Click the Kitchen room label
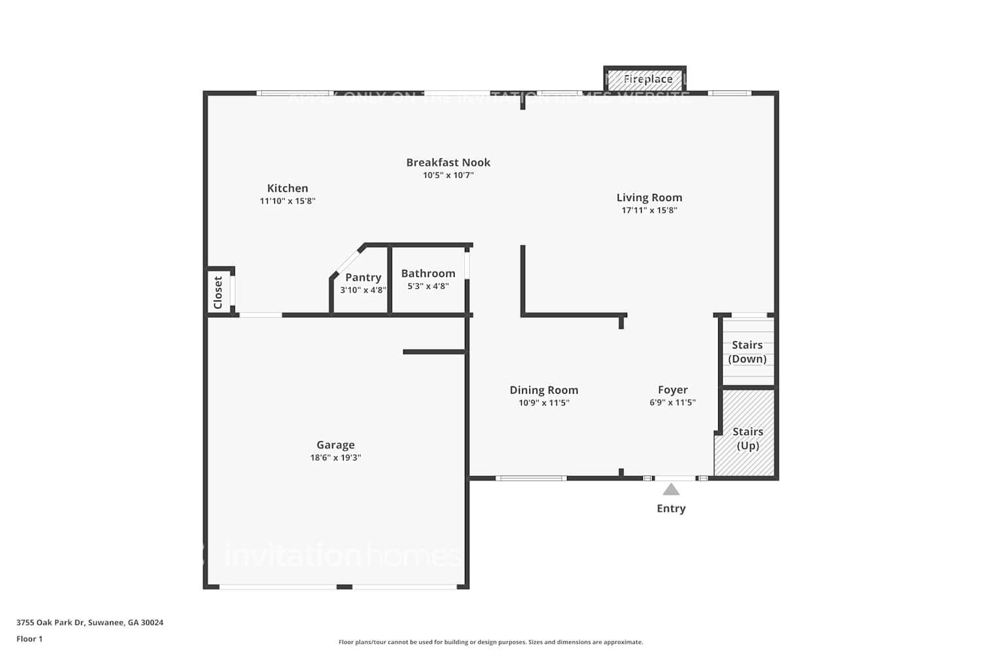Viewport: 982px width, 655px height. (x=287, y=188)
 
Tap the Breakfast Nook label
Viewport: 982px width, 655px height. (x=448, y=162)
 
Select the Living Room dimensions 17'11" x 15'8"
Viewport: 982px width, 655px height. (x=649, y=210)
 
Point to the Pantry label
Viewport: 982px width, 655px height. (x=363, y=277)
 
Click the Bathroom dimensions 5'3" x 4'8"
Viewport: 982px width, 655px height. (x=428, y=286)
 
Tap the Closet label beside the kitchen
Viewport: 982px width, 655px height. (x=218, y=292)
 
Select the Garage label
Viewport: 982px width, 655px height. (x=335, y=445)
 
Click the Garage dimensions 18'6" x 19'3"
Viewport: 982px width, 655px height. (x=335, y=458)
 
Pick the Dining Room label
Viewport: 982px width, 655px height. (x=543, y=390)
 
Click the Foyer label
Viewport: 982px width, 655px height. (x=672, y=390)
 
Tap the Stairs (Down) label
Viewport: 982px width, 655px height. (x=747, y=352)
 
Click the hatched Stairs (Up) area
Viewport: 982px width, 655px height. (x=747, y=439)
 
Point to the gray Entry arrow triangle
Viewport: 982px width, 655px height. (x=671, y=489)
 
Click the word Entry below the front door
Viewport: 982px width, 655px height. (x=671, y=508)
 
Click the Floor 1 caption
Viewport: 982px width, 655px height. (x=29, y=639)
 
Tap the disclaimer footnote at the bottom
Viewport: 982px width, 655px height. (x=490, y=642)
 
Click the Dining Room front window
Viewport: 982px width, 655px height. (x=531, y=478)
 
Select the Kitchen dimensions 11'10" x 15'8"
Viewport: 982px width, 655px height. (x=287, y=201)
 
